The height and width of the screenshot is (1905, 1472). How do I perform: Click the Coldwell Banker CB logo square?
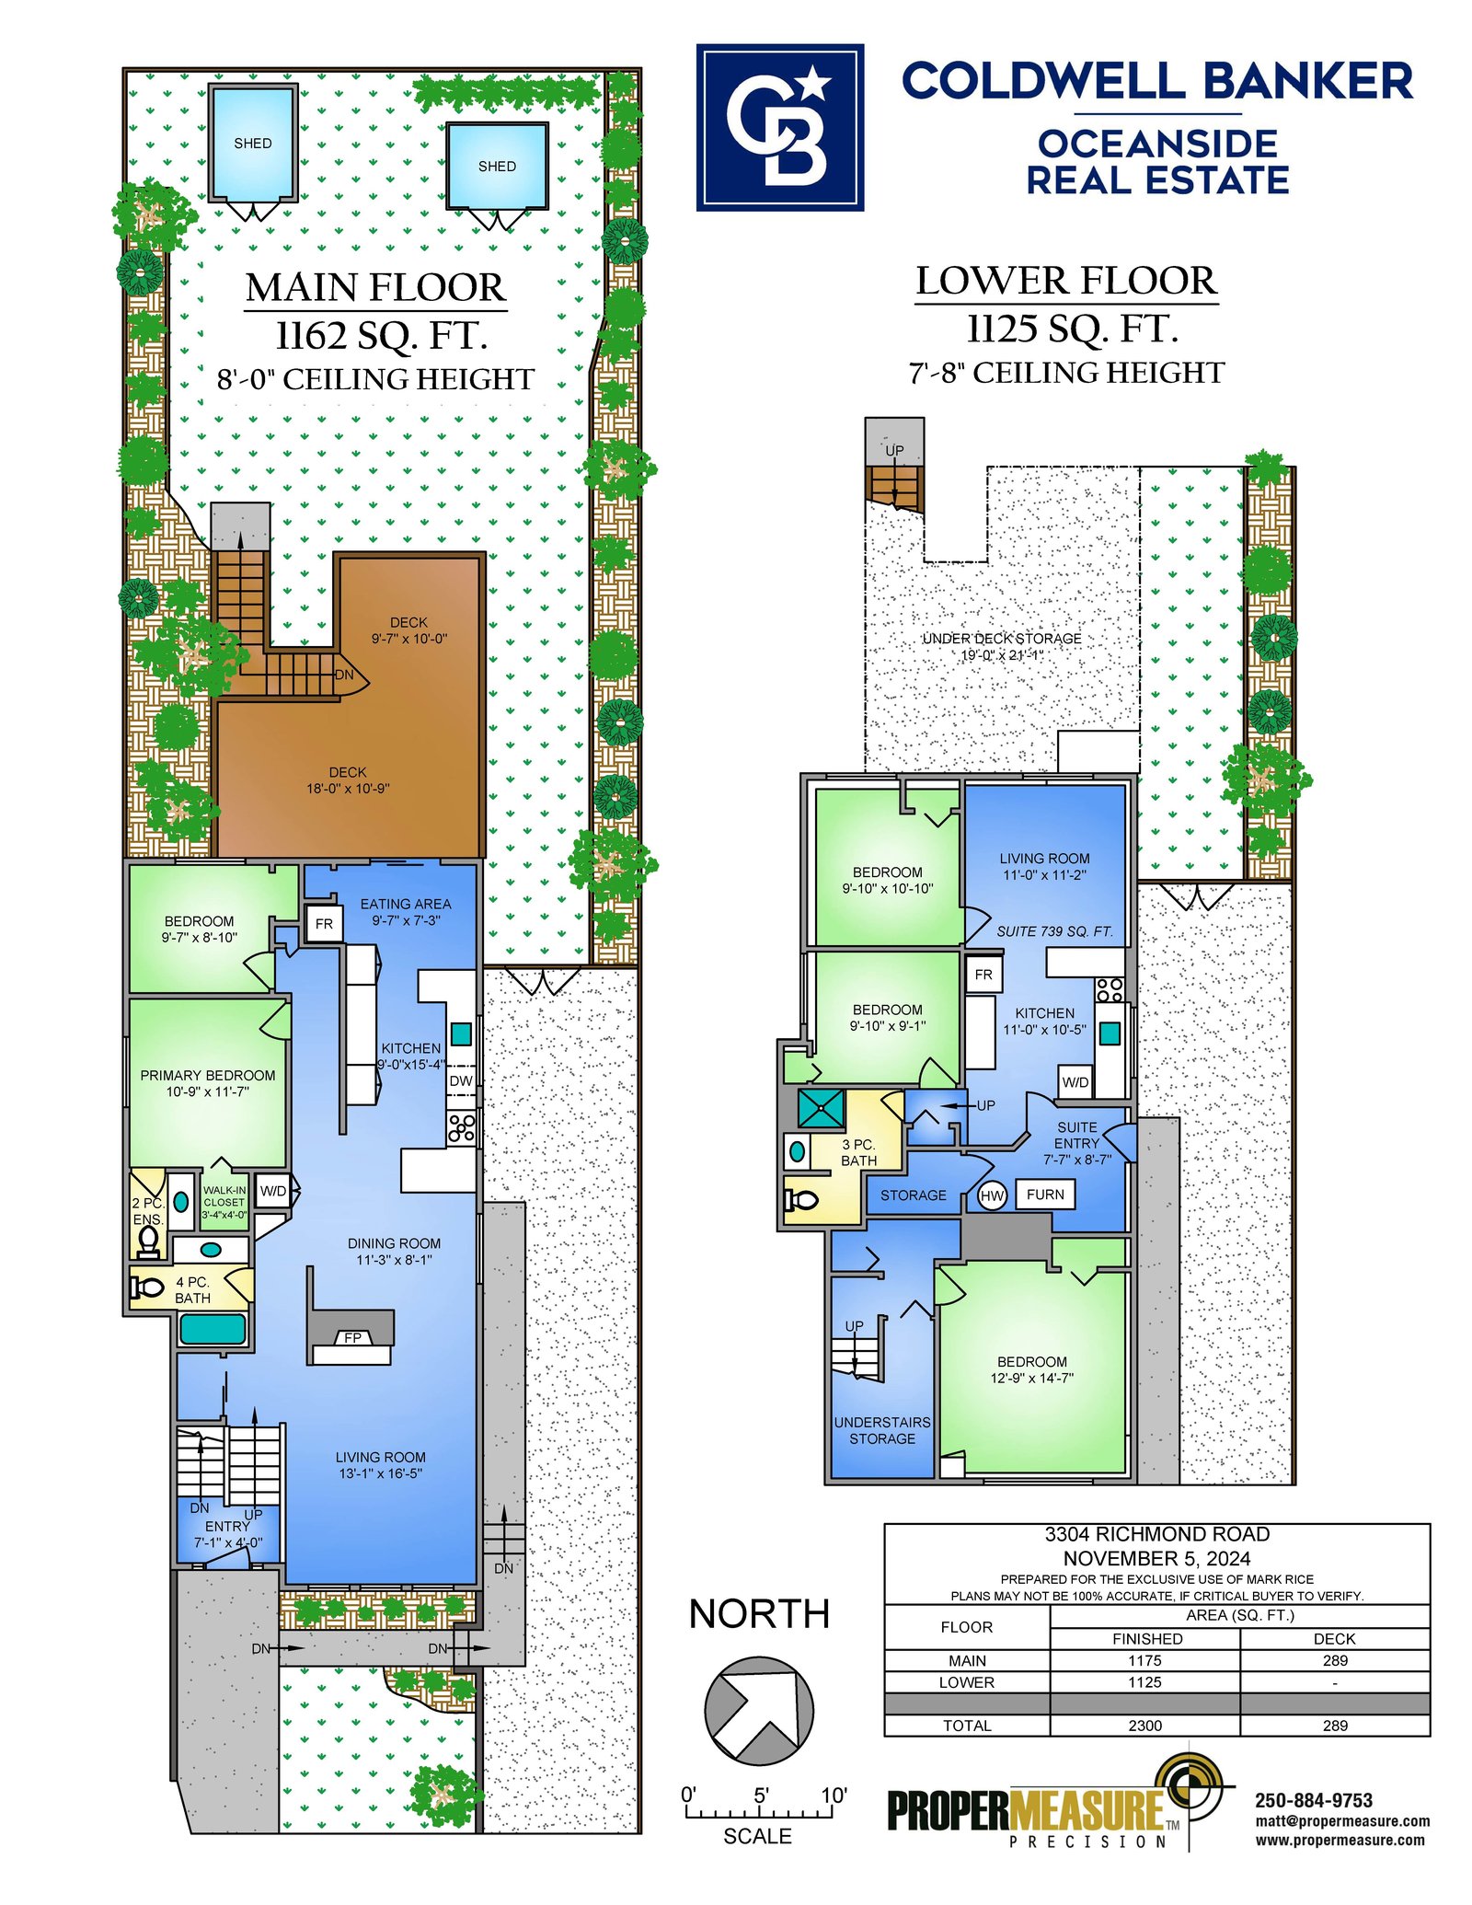click(x=779, y=127)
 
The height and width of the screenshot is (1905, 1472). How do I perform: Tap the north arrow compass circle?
click(x=759, y=1710)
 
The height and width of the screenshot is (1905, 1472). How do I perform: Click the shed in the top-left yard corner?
click(x=252, y=143)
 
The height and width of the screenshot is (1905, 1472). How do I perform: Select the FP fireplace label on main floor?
click(x=353, y=1337)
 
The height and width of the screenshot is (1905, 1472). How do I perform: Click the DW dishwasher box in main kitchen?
click(x=461, y=1080)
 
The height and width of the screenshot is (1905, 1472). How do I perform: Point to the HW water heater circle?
click(x=992, y=1195)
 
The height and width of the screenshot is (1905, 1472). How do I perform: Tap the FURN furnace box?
click(x=1045, y=1195)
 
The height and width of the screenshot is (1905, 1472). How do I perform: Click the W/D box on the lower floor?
click(x=1075, y=1082)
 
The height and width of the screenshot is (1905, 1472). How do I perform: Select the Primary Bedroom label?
click(x=208, y=1083)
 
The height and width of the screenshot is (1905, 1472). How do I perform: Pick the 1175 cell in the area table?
click(x=1145, y=1660)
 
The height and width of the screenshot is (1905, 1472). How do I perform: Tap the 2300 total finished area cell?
click(x=1145, y=1726)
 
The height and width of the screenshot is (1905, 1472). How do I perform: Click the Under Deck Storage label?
click(x=1002, y=646)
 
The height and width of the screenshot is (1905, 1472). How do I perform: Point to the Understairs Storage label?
click(x=882, y=1430)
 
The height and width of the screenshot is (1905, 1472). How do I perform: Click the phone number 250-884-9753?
click(x=1314, y=1800)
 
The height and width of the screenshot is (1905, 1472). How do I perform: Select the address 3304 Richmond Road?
click(x=1156, y=1534)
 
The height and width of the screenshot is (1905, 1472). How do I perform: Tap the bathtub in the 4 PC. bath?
click(x=213, y=1329)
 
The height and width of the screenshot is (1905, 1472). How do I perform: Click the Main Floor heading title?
click(x=375, y=287)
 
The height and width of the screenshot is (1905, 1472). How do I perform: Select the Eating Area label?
click(x=406, y=912)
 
